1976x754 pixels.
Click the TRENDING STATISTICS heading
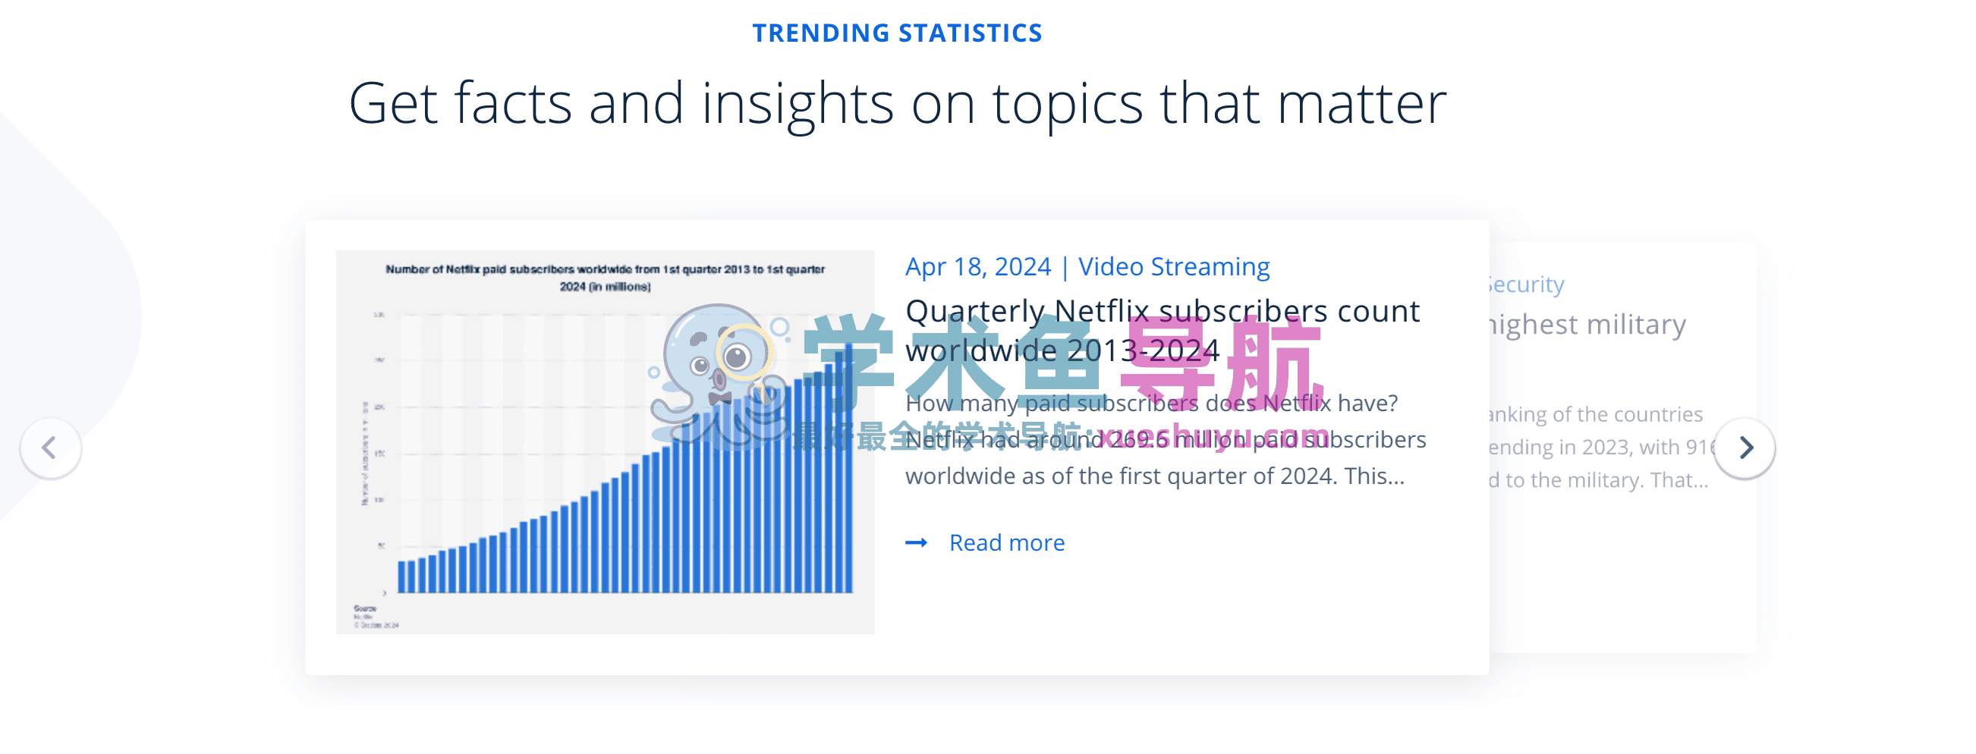[897, 33]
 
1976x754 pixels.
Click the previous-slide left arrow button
[51, 448]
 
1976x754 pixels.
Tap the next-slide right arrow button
[1745, 448]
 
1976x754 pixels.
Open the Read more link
[1006, 543]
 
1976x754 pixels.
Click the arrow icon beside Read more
[916, 543]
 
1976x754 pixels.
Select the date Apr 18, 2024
[977, 267]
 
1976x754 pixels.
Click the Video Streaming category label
[1174, 267]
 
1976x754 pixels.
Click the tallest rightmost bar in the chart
[848, 468]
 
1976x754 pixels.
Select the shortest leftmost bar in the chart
[401, 576]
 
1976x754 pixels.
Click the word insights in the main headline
[797, 104]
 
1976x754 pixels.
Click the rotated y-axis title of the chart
[365, 453]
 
